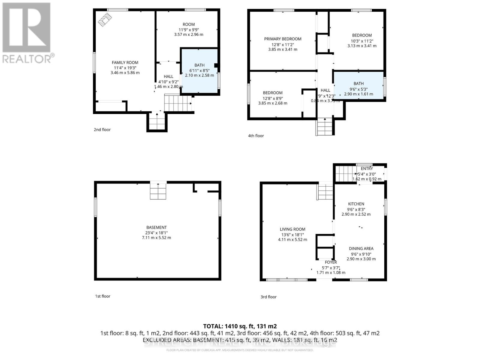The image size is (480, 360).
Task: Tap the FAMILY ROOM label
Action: click(x=125, y=62)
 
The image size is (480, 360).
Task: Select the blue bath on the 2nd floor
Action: click(x=199, y=71)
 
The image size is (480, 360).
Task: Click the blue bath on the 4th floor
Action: click(x=358, y=85)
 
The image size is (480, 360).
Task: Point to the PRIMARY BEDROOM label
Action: click(x=283, y=39)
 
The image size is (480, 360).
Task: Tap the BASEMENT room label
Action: click(x=156, y=227)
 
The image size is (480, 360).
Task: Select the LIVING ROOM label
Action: click(x=292, y=229)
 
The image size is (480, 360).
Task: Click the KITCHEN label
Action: click(x=356, y=204)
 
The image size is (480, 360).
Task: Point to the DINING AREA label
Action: click(x=361, y=248)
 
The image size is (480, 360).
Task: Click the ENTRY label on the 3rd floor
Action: click(x=367, y=169)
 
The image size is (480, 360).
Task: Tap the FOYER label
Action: click(x=331, y=262)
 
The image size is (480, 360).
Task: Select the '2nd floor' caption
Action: click(x=102, y=130)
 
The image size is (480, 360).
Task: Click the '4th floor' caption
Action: click(x=256, y=136)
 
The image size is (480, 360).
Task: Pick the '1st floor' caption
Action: click(x=103, y=296)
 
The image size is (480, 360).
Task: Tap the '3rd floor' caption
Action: click(x=268, y=297)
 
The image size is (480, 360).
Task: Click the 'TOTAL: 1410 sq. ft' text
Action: click(x=240, y=326)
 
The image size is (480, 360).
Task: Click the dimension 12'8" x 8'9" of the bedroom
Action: click(x=273, y=98)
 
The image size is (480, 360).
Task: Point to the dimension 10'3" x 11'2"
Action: click(x=362, y=41)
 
